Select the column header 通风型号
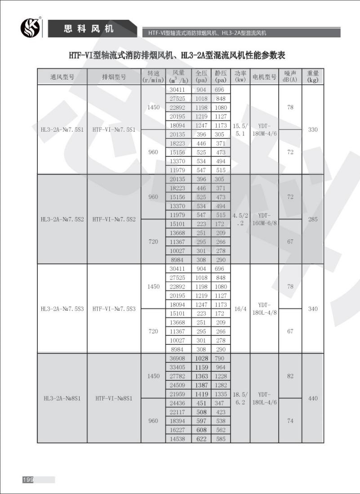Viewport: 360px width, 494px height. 62,77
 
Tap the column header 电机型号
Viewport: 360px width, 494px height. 264,77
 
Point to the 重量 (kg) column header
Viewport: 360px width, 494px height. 313,76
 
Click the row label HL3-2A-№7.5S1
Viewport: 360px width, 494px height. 62,130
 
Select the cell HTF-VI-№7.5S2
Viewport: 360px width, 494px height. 114,219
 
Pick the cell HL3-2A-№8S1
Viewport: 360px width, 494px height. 62,398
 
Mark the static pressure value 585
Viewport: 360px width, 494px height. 220,439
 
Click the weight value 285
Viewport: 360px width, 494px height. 313,219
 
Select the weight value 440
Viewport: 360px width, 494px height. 313,398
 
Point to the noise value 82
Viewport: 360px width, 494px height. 290,376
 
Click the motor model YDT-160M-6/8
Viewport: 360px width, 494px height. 264,219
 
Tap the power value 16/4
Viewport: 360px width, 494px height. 239,309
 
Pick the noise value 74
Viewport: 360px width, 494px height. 290,421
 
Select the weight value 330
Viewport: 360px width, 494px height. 313,130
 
